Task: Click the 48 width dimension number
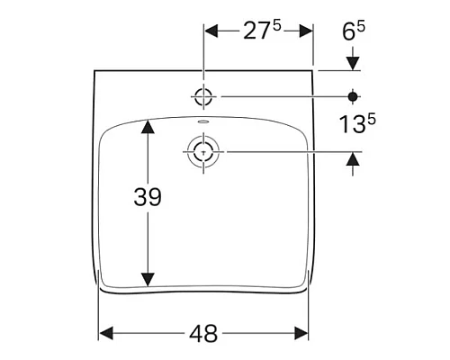coord(203,334)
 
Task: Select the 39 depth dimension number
coord(148,197)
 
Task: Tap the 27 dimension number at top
coord(256,31)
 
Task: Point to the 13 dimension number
coord(352,124)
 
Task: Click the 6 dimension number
coord(349,32)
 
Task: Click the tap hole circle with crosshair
coord(203,96)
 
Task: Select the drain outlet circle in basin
coord(203,152)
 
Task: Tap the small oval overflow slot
coord(203,121)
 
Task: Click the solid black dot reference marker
coord(353,96)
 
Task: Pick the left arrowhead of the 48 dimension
coord(106,333)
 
